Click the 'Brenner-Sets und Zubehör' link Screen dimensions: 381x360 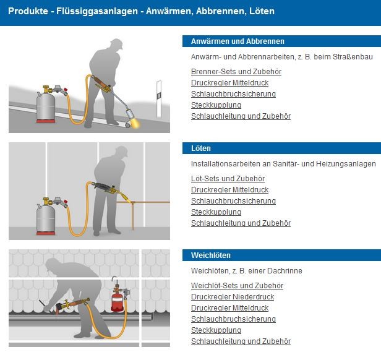[x=236, y=72]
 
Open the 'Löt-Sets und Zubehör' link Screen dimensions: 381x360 [x=228, y=179]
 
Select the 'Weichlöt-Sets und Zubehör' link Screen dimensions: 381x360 [x=237, y=286]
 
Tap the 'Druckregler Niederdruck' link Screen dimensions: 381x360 [x=233, y=297]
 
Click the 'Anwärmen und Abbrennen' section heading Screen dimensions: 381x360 [x=238, y=41]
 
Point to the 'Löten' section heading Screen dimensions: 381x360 [x=201, y=148]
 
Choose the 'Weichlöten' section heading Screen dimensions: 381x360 [x=211, y=255]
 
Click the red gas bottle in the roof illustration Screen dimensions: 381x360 [x=117, y=299]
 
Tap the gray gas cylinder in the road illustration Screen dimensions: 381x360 [x=46, y=107]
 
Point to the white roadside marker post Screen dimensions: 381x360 [x=159, y=99]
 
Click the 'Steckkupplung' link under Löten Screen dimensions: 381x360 [x=216, y=212]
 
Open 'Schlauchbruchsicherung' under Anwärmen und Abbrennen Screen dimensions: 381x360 [x=233, y=94]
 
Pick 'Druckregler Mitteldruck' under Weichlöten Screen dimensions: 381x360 [x=229, y=308]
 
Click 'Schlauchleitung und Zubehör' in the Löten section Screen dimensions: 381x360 [x=241, y=223]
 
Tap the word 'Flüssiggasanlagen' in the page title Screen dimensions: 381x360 [x=97, y=11]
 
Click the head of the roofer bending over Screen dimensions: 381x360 [x=52, y=265]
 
